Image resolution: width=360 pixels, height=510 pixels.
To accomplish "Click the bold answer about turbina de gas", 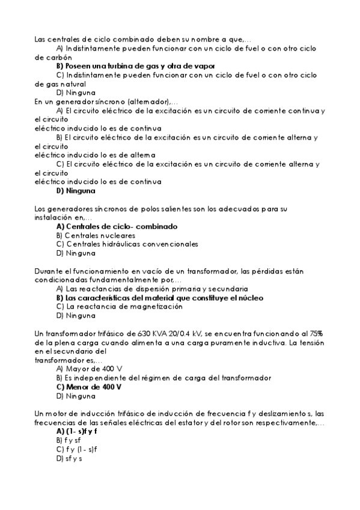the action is pos(136,66).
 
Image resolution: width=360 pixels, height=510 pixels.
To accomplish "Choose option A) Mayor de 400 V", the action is pos(90,369).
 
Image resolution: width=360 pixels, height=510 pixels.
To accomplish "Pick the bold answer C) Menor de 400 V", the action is pos(89,387).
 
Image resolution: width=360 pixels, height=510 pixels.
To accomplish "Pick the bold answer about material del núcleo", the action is pos(159,298).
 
